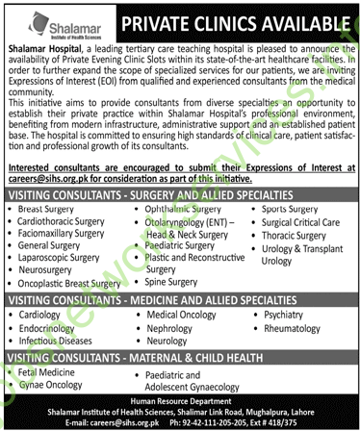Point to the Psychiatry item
coord(280,314)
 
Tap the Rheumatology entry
coord(290,327)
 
